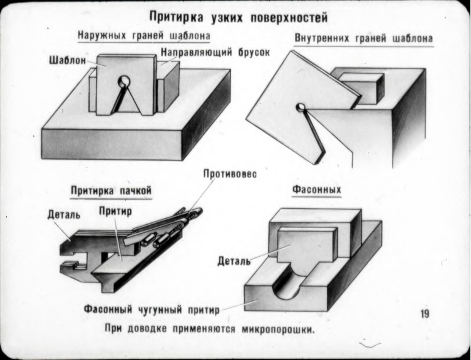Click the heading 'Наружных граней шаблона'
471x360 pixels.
(x=144, y=36)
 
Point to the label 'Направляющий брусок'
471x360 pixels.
(x=215, y=53)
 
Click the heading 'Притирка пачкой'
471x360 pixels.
(x=111, y=190)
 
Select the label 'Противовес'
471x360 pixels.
(x=229, y=174)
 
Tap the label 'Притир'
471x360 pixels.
(x=115, y=211)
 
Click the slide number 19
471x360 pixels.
(x=424, y=315)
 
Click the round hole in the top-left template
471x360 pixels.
(x=125, y=80)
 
